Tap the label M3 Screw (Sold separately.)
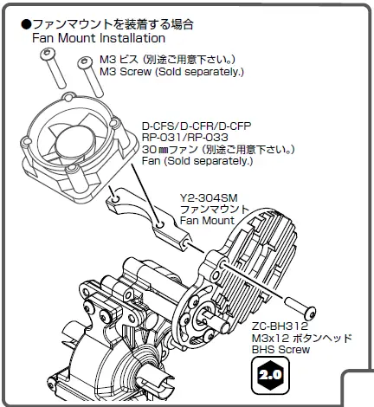point(171,72)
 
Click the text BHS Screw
point(280,350)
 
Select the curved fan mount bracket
point(143,212)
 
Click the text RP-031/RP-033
point(184,138)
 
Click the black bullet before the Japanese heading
point(26,23)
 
